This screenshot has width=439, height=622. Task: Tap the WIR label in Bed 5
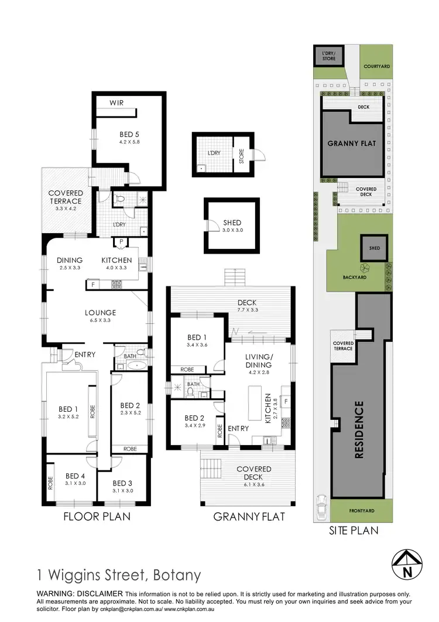coord(116,104)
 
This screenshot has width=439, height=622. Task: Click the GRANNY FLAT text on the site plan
coord(351,143)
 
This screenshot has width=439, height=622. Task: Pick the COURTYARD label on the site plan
coord(376,67)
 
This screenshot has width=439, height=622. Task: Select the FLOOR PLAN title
coord(97,517)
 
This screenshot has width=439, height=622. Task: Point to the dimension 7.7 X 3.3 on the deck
coord(247,309)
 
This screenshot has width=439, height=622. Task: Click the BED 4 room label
coord(76,476)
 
